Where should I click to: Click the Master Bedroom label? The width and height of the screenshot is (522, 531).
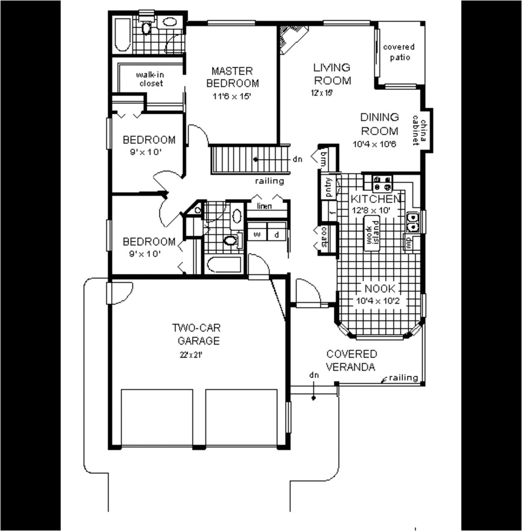232,77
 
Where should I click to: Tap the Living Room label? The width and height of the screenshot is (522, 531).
332,73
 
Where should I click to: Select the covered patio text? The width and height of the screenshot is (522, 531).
399,52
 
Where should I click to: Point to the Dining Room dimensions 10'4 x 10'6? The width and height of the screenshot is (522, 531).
374,144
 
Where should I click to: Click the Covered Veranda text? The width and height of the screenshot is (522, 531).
352,360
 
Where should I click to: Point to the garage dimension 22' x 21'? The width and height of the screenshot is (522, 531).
192,355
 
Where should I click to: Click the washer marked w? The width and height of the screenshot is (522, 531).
257,234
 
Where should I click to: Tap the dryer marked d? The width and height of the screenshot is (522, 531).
277,234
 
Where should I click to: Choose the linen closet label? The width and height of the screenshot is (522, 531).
264,206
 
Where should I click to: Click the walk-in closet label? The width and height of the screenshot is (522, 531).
150,79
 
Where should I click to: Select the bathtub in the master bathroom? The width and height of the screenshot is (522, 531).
123,35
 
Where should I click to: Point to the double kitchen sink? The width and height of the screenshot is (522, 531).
412,222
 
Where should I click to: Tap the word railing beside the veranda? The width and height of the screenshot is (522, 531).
403,378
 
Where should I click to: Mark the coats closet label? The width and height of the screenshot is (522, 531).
325,238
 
